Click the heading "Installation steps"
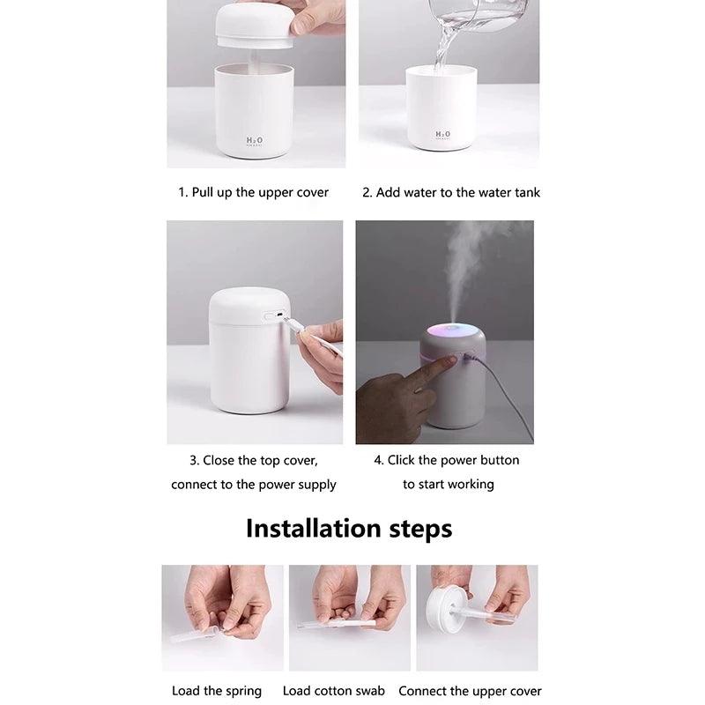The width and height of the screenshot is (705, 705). point(349,528)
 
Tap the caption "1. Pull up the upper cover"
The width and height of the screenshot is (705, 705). point(254,192)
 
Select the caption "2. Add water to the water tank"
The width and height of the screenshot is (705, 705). point(451,192)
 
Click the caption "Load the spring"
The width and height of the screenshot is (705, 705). point(217,691)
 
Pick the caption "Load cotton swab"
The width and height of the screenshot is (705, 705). point(334,691)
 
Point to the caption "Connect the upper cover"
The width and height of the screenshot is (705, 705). point(470,691)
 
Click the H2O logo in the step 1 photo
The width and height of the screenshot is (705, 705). point(254,140)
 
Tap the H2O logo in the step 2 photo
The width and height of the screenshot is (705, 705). point(442,135)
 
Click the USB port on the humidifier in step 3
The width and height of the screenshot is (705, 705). point(272,315)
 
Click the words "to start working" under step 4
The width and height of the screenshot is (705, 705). point(449,484)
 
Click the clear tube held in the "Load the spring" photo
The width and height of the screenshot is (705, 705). point(198,632)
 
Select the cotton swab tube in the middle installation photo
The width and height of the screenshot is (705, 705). point(335,623)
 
